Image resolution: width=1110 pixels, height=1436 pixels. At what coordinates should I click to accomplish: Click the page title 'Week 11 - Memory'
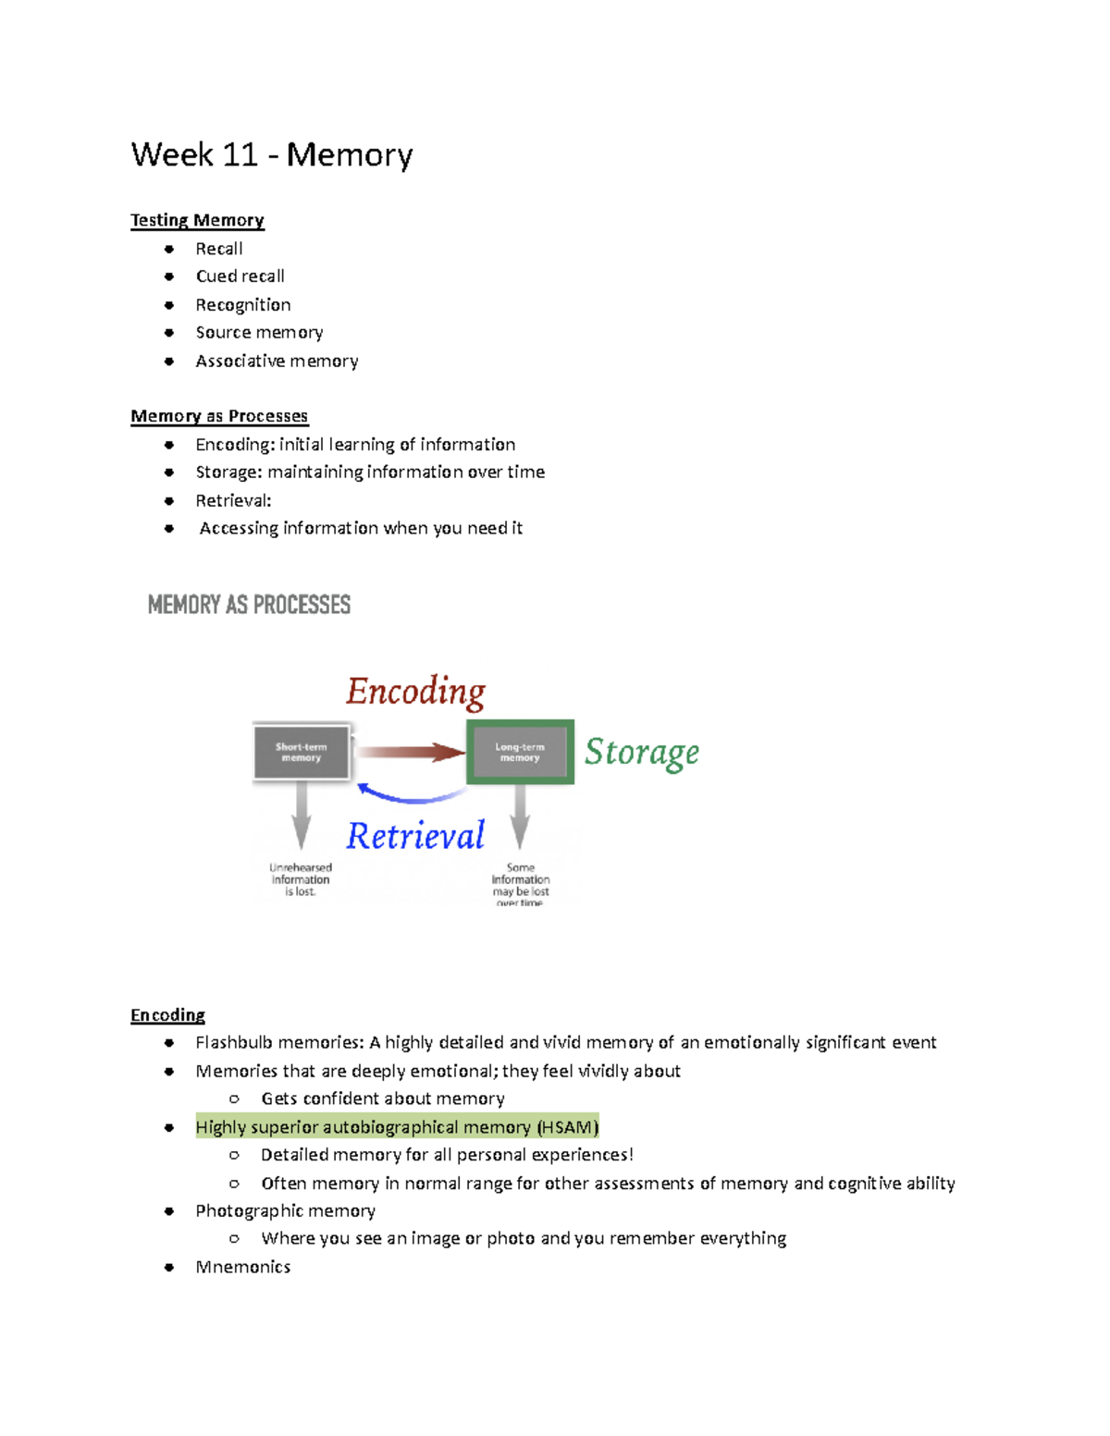[271, 154]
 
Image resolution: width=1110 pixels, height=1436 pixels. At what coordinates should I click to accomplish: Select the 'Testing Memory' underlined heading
[197, 220]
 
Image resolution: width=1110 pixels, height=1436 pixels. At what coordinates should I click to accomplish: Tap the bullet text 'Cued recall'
[240, 276]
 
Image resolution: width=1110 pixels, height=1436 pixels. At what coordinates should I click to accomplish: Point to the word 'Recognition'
[242, 305]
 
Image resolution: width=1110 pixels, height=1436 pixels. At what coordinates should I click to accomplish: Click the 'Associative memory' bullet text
[277, 361]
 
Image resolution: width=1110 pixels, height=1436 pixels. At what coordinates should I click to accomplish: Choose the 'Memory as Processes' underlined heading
[219, 416]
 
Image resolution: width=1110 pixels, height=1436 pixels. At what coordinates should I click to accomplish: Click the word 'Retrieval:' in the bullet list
[233, 501]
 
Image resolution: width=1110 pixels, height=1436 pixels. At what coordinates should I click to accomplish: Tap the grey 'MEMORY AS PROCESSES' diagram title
[249, 605]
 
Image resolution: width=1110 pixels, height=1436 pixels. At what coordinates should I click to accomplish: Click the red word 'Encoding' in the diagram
[415, 692]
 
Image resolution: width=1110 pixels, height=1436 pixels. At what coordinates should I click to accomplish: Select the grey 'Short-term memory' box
[301, 753]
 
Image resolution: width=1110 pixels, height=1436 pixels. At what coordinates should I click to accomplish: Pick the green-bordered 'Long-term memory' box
[520, 753]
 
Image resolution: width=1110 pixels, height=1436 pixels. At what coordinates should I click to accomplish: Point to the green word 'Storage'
[641, 753]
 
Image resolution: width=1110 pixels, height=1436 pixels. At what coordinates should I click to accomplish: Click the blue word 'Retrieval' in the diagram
[415, 836]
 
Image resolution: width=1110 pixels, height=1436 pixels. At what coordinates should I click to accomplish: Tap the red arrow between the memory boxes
[410, 753]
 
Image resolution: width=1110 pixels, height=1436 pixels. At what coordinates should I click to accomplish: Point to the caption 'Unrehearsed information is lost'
[301, 880]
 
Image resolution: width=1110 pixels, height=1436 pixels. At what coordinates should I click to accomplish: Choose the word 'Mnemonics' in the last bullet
[242, 1267]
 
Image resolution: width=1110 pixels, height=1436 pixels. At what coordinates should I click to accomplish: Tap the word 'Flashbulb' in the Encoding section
[233, 1043]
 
